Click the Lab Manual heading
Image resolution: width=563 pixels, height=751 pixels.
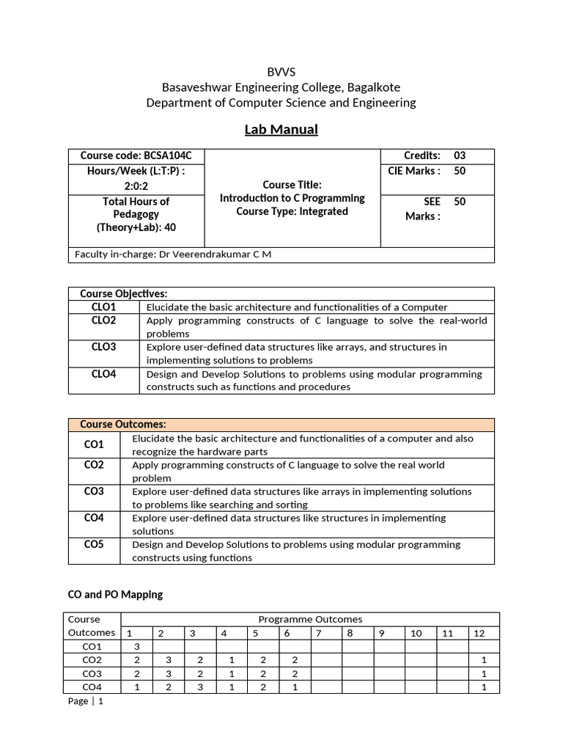pos(281,130)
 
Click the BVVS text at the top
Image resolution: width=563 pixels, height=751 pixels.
pos(281,71)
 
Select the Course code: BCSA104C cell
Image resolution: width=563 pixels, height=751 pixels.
pos(136,156)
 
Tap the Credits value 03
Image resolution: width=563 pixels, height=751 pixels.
pos(460,156)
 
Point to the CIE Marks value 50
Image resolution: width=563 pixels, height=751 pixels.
pos(460,171)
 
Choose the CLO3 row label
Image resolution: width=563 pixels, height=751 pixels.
pos(104,347)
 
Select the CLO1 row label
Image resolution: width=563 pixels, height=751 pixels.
pos(104,307)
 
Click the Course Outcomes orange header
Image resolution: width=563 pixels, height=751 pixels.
pos(123,425)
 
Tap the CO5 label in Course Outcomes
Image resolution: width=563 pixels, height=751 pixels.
pos(94,544)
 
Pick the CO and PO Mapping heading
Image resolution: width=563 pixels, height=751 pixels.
pos(115,594)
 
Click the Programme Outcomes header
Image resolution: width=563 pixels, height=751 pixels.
pos(310,620)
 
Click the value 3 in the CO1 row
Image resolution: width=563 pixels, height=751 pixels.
pos(136,647)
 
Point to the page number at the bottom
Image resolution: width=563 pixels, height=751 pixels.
pos(87,701)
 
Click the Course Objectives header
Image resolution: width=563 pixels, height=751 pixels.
pos(124,294)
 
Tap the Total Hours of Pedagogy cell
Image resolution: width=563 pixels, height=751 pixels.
pos(136,214)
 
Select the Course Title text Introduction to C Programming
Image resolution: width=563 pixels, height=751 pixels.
pos(292,199)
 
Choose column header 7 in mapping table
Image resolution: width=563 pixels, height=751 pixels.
pos(319,633)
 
